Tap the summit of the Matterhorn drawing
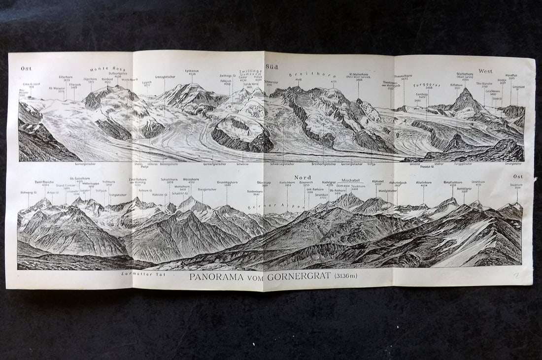tap(465, 90)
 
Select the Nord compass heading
tap(303, 177)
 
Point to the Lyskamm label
tap(192, 71)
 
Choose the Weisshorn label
tap(191, 180)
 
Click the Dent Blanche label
tap(44, 182)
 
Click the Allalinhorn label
tap(424, 182)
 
